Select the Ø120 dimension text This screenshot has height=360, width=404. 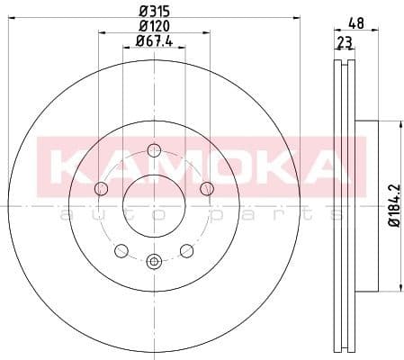pyautogui.click(x=154, y=25)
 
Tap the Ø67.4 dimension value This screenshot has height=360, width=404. pyautogui.click(x=154, y=40)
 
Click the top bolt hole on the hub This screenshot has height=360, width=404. pyautogui.click(x=154, y=150)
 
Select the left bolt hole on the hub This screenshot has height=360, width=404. pyautogui.click(x=101, y=188)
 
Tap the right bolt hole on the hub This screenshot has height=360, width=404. pyautogui.click(x=207, y=188)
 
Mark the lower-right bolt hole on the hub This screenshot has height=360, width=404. pyautogui.click(x=186, y=250)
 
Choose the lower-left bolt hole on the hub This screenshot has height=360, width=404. pyautogui.click(x=121, y=250)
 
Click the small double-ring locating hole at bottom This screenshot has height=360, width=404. pyautogui.click(x=154, y=262)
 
